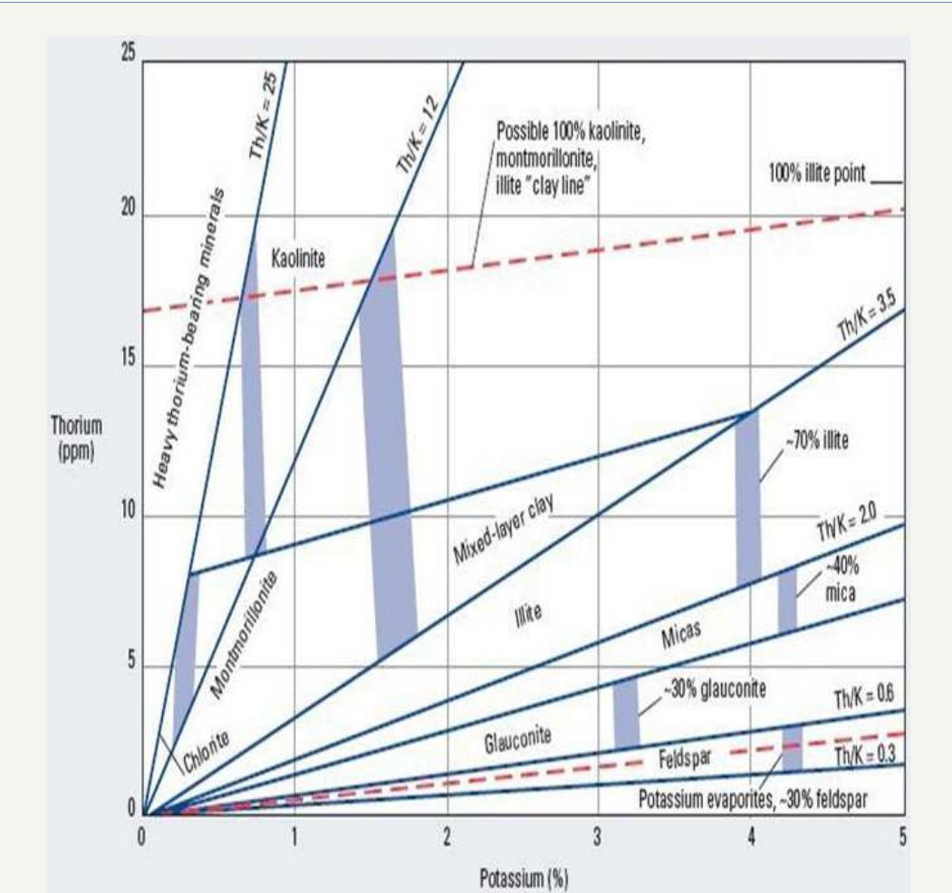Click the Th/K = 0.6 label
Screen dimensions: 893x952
click(x=864, y=696)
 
